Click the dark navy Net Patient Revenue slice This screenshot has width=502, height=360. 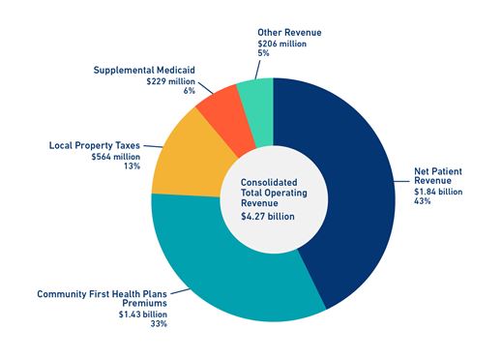pyautogui.click(x=358, y=194)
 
